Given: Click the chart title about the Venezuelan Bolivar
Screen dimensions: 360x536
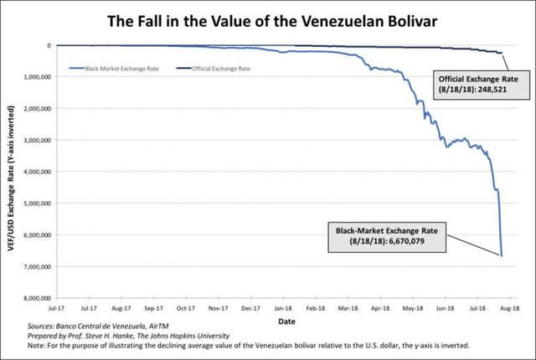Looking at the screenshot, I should (x=268, y=18).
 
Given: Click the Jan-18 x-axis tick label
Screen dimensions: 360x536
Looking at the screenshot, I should (x=283, y=307).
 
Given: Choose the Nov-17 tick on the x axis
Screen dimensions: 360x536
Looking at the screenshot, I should (x=218, y=307).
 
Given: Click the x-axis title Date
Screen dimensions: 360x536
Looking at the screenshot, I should (x=286, y=320).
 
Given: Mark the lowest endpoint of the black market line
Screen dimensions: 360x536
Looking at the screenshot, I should (x=502, y=256).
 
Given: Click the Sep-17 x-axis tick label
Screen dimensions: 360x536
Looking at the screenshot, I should (x=153, y=307).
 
